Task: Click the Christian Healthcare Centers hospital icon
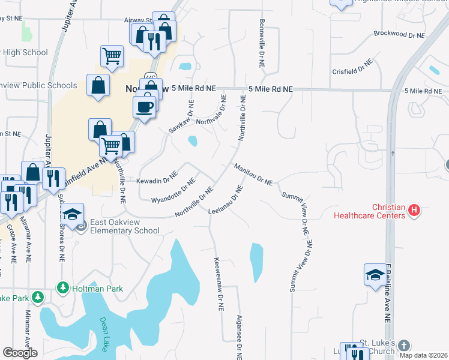414,211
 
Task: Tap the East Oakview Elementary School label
122,226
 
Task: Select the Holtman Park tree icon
62,289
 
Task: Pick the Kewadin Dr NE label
157,178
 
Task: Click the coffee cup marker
143,107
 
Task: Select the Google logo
20,352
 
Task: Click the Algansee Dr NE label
239,337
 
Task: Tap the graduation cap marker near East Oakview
73,214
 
